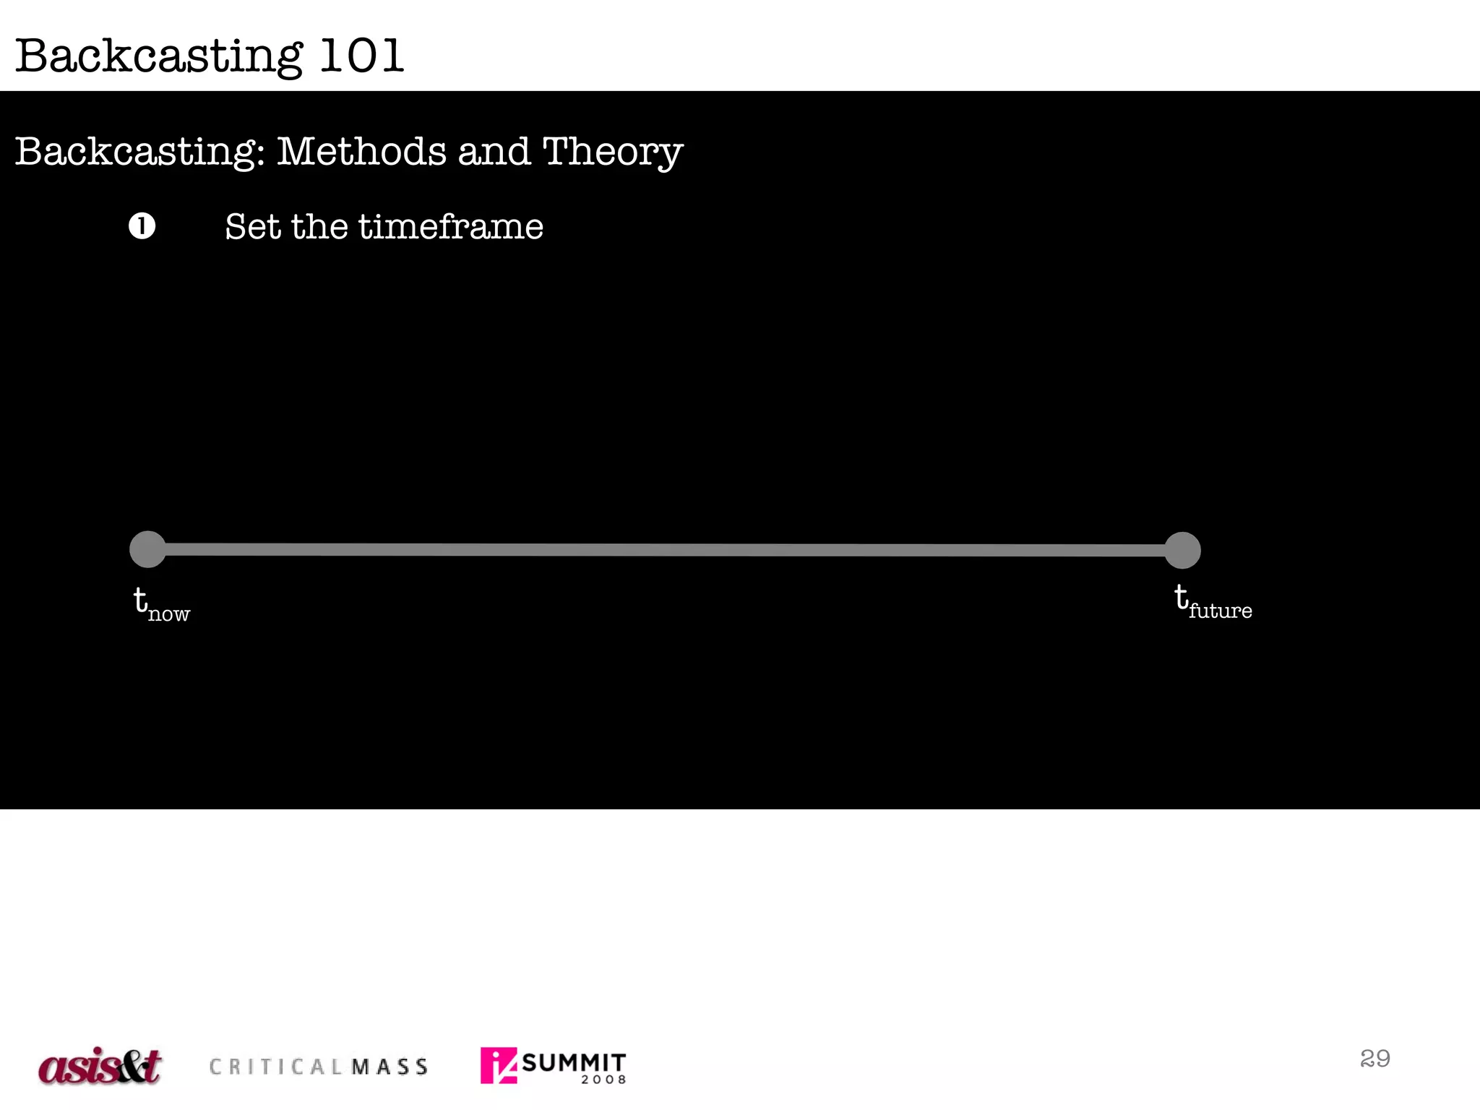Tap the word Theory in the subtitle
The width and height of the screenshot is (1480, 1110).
tap(612, 152)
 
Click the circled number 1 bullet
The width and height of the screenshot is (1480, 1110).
tap(142, 226)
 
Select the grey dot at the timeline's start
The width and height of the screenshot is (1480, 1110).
tap(147, 549)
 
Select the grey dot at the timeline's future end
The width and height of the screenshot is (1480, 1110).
tap(1182, 551)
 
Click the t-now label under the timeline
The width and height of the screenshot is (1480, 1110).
tap(161, 605)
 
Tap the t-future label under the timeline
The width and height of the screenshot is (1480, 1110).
tap(1213, 602)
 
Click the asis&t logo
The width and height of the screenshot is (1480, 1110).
tap(100, 1066)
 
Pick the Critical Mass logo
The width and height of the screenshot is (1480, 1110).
tap(319, 1067)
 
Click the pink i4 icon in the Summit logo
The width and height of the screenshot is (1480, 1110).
tap(499, 1065)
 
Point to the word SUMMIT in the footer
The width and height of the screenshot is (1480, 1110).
tap(573, 1062)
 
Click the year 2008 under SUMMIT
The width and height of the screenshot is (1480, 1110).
tap(603, 1080)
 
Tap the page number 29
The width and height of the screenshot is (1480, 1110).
tap(1374, 1058)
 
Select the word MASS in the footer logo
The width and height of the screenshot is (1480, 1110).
tap(390, 1067)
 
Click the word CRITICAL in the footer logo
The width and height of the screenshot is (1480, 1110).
tap(277, 1067)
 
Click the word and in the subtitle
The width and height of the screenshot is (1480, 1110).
tap(494, 152)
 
